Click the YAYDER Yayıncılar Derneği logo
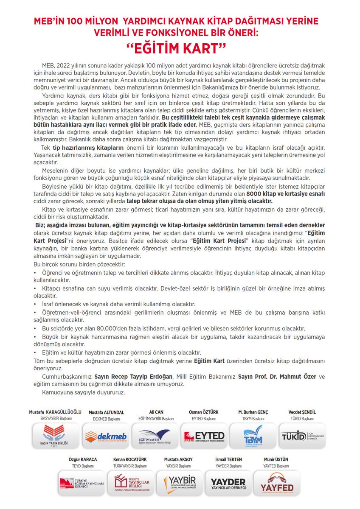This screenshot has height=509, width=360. (228, 483)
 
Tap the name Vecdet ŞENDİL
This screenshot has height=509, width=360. (302, 412)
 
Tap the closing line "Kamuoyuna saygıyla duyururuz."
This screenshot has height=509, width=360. (84, 392)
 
